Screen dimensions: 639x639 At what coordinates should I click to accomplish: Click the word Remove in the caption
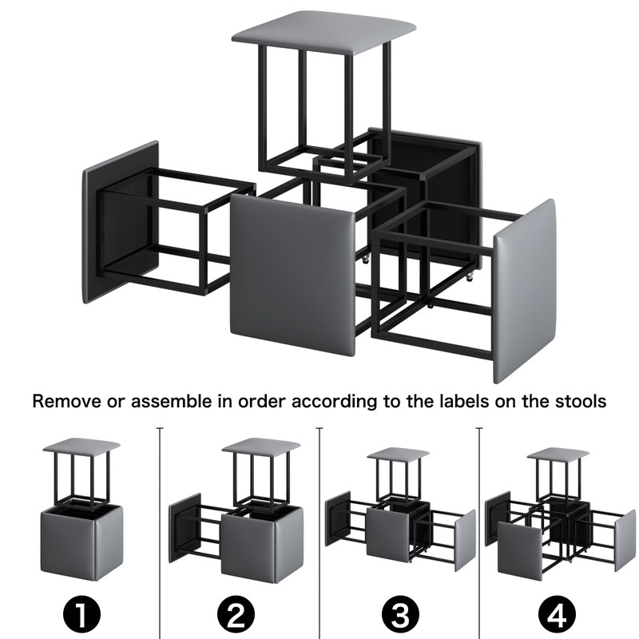click(66, 401)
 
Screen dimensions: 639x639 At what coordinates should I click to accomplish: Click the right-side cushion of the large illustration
click(525, 291)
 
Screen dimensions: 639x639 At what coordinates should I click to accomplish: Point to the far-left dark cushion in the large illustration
click(121, 222)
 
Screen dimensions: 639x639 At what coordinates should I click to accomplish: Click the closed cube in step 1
click(81, 542)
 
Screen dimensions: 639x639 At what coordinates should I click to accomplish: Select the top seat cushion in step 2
click(261, 447)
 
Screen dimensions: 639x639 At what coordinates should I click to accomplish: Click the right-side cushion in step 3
click(465, 540)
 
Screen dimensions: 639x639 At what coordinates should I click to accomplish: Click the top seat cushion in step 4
click(558, 454)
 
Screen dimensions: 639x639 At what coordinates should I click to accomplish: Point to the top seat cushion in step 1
click(81, 446)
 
